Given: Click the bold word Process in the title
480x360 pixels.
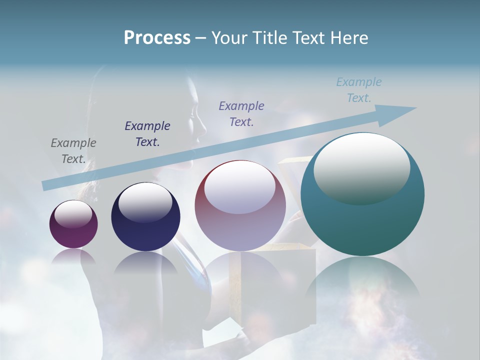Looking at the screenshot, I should (x=157, y=38).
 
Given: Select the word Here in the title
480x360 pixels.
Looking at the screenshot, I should (x=350, y=38).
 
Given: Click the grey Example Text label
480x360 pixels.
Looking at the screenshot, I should (x=73, y=151).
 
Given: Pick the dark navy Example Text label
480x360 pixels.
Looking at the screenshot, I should (x=147, y=133).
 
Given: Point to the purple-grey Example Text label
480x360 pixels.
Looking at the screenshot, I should (x=241, y=113).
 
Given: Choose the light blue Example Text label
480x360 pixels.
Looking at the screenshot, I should (x=359, y=90).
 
